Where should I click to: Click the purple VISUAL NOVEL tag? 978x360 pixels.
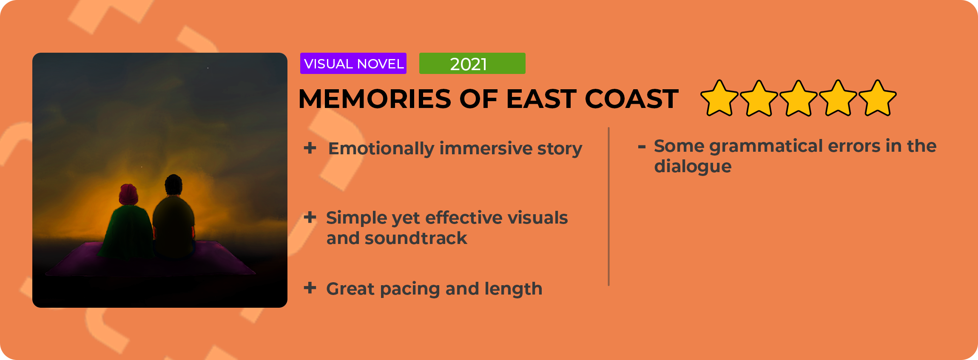tap(353, 63)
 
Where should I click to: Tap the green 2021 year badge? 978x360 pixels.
tap(472, 63)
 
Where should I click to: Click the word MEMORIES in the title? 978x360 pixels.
tap(375, 99)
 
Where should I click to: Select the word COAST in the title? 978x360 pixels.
tap(631, 99)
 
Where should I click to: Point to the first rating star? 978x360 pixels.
tap(719, 99)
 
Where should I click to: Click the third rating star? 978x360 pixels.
tap(799, 99)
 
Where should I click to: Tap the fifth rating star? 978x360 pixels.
tap(878, 99)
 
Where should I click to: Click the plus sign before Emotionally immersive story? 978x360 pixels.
tap(310, 148)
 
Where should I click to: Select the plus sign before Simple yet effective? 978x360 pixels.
tap(310, 217)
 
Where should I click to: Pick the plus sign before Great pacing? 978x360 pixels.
tap(310, 288)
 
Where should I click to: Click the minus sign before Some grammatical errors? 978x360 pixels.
tap(642, 147)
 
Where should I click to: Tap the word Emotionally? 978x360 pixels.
tap(381, 149)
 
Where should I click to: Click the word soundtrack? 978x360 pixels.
tap(416, 238)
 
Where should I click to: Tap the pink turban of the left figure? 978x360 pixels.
tap(129, 194)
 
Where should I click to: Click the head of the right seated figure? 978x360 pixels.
tap(173, 184)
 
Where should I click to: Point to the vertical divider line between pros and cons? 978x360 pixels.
tap(609, 207)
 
